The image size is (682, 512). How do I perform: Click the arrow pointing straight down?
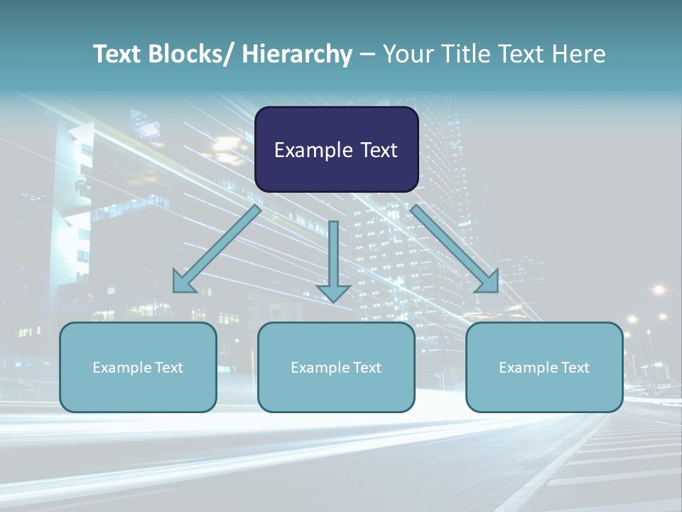coord(333,260)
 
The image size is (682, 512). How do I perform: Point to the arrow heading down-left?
coord(217,249)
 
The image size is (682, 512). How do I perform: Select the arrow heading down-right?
coord(455,249)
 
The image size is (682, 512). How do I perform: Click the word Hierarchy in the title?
coord(297,54)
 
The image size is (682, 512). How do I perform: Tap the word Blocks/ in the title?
coord(189,54)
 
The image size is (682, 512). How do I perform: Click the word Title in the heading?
coord(466,54)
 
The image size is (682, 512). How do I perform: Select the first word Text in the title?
coord(117,54)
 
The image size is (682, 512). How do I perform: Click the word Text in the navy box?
coord(379,150)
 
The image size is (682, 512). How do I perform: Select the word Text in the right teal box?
coord(575,368)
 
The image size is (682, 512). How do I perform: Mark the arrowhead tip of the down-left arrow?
coord(174,292)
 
